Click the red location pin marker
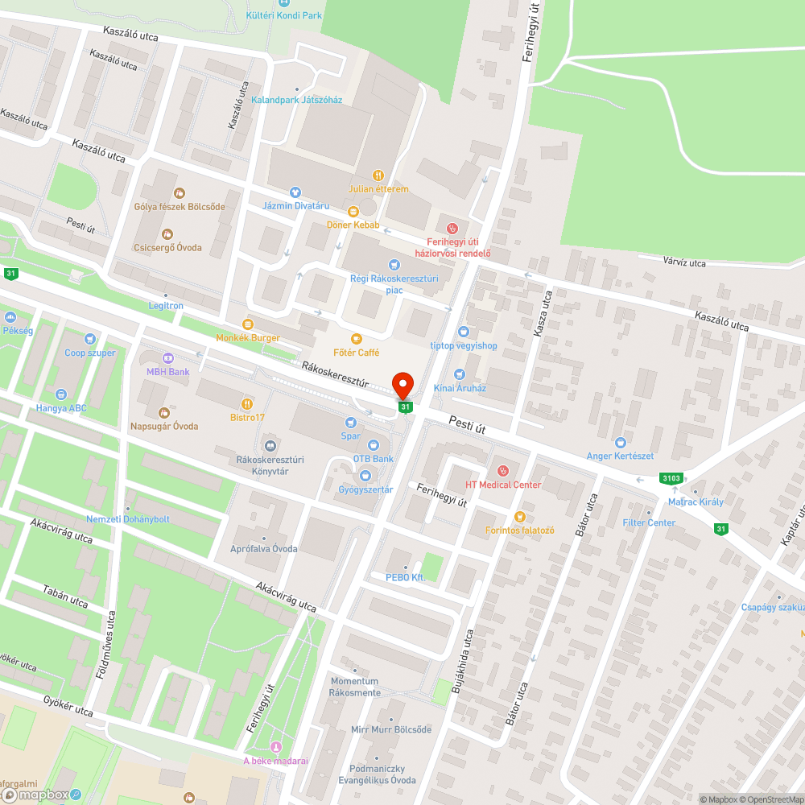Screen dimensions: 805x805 click(402, 385)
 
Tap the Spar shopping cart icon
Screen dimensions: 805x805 click(351, 423)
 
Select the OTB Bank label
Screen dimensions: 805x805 click(373, 459)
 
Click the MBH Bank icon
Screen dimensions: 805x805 click(167, 358)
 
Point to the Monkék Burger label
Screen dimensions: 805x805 click(248, 338)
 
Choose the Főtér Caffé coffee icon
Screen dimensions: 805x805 click(357, 339)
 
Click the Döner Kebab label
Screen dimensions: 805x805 click(353, 225)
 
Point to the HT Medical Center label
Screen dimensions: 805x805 click(503, 485)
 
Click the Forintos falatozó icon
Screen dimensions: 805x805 click(520, 516)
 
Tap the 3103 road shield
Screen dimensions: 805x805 click(671, 478)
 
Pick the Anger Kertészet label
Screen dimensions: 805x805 click(620, 456)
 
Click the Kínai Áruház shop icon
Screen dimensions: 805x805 click(459, 374)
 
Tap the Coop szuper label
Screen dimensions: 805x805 click(90, 353)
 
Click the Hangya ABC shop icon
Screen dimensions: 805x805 click(61, 394)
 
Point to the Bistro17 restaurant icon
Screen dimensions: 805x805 click(247, 403)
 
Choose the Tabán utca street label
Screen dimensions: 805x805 click(67, 601)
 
